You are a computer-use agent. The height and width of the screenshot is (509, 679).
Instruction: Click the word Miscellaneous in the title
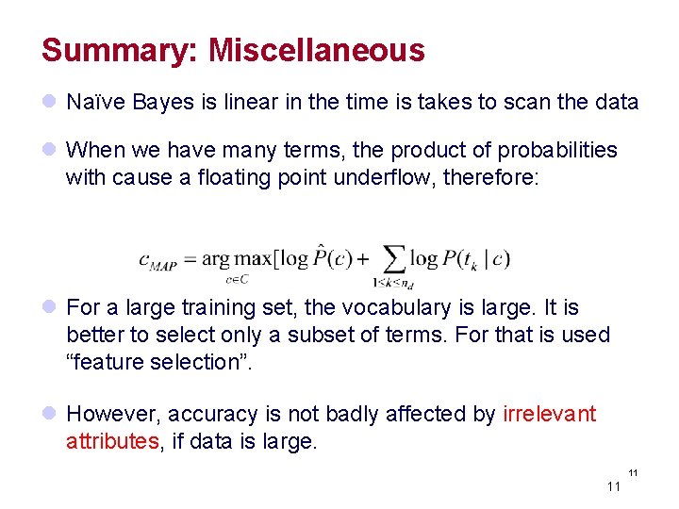316,50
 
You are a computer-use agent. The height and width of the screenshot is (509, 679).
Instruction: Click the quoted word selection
194,362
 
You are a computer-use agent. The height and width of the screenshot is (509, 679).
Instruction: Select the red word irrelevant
549,414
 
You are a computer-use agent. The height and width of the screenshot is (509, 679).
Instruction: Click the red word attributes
109,441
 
